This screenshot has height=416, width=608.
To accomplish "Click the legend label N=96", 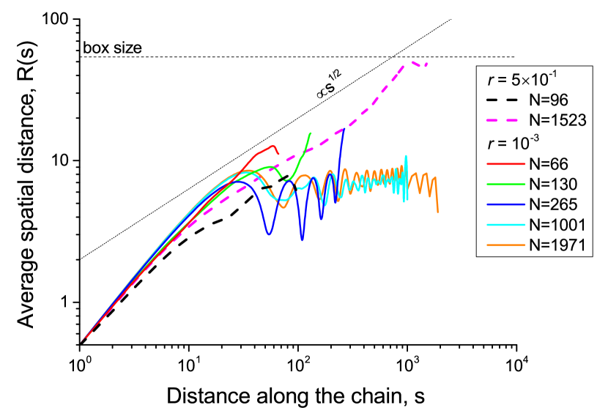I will pyautogui.click(x=549, y=99).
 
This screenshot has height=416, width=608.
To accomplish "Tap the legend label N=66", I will pyautogui.click(x=549, y=163).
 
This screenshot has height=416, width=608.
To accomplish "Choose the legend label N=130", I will pyautogui.click(x=552, y=184).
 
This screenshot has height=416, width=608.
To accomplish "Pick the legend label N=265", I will pyautogui.click(x=552, y=204).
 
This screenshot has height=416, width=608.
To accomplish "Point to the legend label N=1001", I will pyautogui.click(x=557, y=224).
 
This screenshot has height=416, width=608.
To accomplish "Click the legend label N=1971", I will pyautogui.click(x=557, y=245).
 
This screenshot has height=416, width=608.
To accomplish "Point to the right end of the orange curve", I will pyautogui.click(x=438, y=212).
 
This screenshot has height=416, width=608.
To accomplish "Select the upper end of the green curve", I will pyautogui.click(x=311, y=133).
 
